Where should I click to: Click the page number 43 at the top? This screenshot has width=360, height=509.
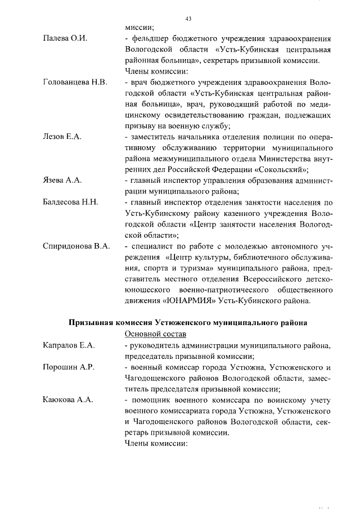coord(188,19)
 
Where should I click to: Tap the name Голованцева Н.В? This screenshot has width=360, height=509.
coord(75,82)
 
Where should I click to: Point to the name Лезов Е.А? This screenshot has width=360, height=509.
coord(62,137)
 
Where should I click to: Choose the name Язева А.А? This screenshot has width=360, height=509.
coord(62,181)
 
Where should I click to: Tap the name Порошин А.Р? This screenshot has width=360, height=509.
coord(69,367)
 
